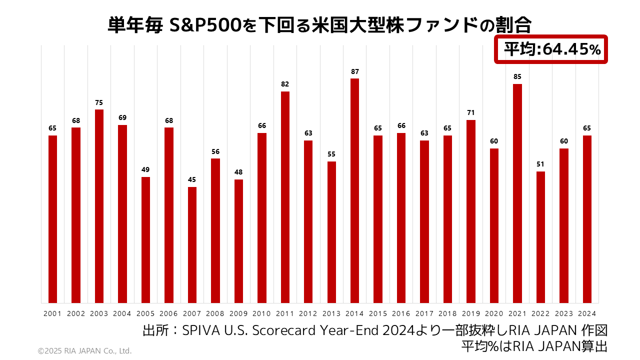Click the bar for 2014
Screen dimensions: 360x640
tap(354, 190)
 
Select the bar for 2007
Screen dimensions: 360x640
tap(192, 245)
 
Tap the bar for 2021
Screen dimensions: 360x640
tap(517, 193)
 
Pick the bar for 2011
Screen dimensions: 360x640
tap(285, 197)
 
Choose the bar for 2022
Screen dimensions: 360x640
tap(540, 237)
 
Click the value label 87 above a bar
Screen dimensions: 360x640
tap(354, 71)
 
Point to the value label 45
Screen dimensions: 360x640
tap(192, 179)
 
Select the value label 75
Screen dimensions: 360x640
tap(99, 102)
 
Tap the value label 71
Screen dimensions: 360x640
tap(471, 113)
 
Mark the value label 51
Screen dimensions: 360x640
tap(540, 164)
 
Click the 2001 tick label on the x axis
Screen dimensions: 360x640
tap(52, 313)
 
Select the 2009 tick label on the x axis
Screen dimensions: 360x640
tap(238, 313)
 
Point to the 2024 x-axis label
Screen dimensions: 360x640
tap(587, 313)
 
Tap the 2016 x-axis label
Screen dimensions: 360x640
tap(401, 313)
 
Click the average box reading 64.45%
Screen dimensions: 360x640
tap(551, 49)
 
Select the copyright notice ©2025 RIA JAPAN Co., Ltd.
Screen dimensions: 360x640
tap(84, 351)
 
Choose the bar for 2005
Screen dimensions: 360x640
tap(145, 240)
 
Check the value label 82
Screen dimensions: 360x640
tap(285, 84)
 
